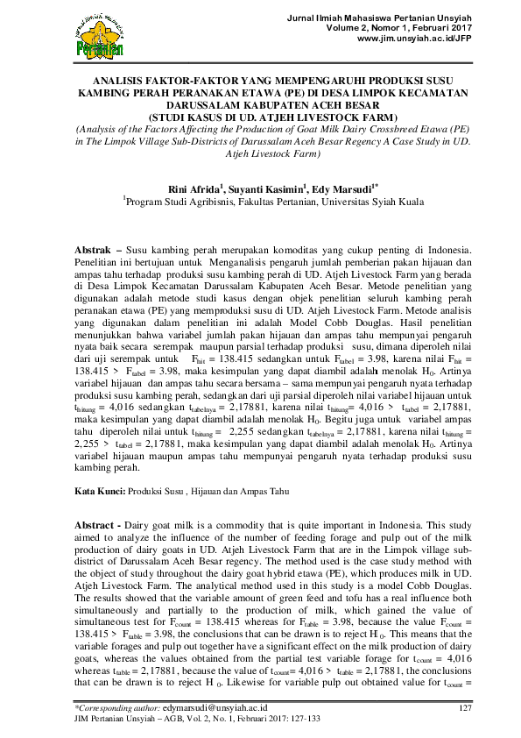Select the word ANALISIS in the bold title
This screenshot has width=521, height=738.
coord(97,81)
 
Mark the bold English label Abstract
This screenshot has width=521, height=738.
coord(94,523)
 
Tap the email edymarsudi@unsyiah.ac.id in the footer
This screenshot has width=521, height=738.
coord(216,707)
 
